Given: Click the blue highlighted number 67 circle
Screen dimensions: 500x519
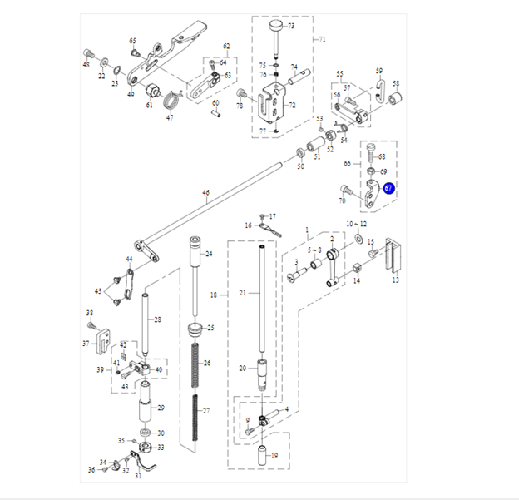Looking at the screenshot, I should coord(388,189).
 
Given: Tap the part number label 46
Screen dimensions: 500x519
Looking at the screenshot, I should coord(206,192).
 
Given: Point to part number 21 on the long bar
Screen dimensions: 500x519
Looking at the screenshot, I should coord(243,293).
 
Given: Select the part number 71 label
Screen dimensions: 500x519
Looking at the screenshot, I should coord(323,39).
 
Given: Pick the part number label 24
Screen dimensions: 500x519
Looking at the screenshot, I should coord(209,254).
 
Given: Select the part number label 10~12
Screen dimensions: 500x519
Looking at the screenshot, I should coord(356,225).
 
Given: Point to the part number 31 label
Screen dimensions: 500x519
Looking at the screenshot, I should coord(138,476).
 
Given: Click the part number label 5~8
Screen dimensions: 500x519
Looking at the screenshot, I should coord(314,250).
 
